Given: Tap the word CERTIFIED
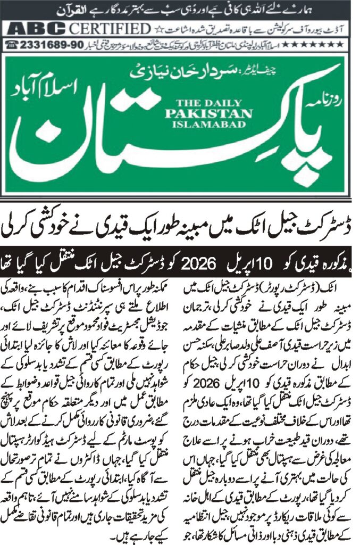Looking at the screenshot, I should coord(109,29).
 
